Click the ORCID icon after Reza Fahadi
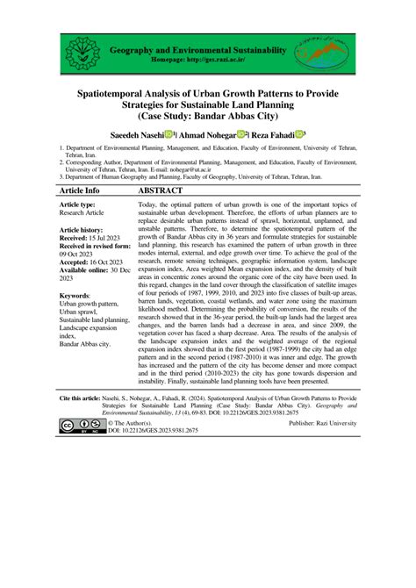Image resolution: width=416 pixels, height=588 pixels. pyautogui.click(x=299, y=133)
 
